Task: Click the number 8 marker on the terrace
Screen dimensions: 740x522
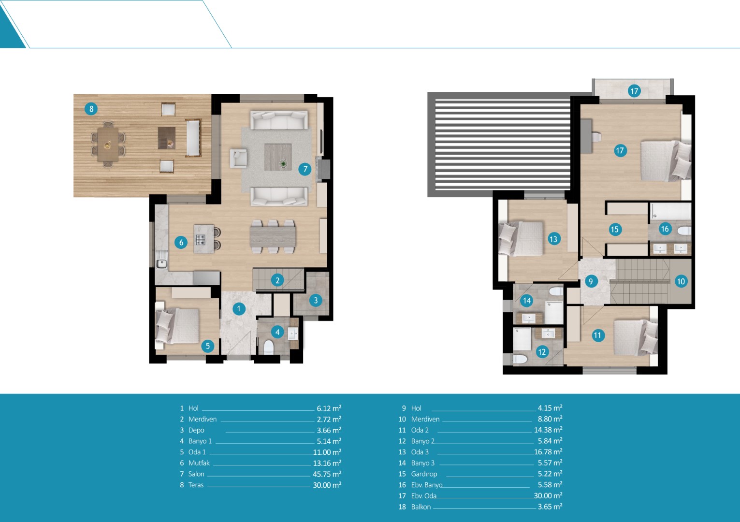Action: (91, 109)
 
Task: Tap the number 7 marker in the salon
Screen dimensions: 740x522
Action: (305, 169)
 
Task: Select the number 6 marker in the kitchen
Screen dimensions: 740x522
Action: (181, 243)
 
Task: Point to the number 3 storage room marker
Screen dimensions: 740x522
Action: (316, 300)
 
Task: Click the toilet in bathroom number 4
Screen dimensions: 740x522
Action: (269, 347)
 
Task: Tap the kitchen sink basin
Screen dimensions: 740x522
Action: (161, 263)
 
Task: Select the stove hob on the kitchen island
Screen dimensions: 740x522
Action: (201, 240)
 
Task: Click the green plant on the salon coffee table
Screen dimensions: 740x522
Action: (283, 163)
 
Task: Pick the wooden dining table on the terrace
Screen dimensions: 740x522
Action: (108, 145)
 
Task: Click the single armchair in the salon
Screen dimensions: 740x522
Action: (238, 158)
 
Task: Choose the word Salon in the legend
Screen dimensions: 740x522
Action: (196, 474)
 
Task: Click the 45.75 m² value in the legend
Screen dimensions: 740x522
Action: (327, 474)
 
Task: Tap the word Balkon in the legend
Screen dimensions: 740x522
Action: (421, 507)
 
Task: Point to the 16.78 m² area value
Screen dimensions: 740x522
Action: (548, 451)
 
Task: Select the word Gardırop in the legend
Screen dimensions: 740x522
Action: (424, 474)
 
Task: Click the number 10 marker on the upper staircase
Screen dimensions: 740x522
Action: (681, 281)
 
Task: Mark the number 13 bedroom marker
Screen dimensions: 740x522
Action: (554, 239)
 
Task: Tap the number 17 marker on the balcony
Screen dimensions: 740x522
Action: (634, 91)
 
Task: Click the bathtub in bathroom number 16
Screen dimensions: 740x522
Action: (670, 211)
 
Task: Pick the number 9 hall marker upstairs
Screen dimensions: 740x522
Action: (591, 281)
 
